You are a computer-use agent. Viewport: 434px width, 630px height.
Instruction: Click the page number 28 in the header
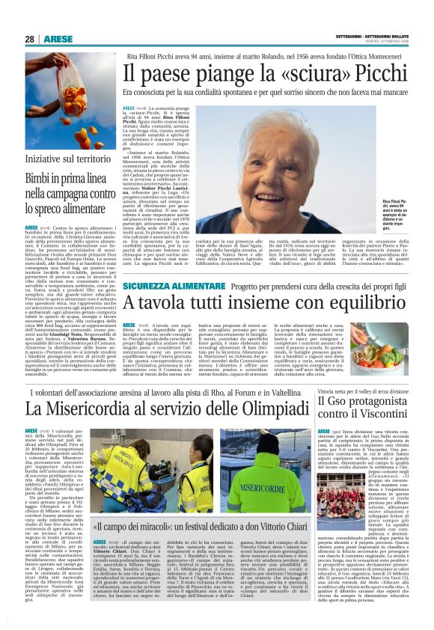[x=29, y=39]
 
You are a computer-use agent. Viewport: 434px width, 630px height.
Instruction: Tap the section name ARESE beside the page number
[x=58, y=39]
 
